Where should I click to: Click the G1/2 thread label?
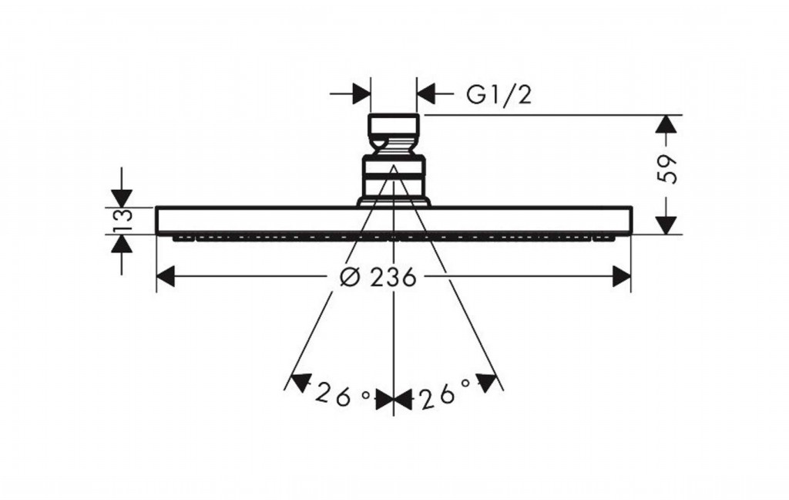pyautogui.click(x=499, y=95)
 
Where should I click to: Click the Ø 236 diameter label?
pyautogui.click(x=378, y=277)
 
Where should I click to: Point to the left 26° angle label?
pyautogui.click(x=343, y=396)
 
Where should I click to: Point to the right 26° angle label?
pyautogui.click(x=444, y=396)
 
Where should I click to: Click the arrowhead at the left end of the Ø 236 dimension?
pyautogui.click(x=165, y=276)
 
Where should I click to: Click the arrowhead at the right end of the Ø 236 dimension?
pyautogui.click(x=622, y=276)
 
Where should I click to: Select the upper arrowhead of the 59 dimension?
pyautogui.click(x=667, y=124)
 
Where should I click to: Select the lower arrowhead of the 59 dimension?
pyautogui.click(x=667, y=225)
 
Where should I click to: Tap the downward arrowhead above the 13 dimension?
pyautogui.click(x=122, y=198)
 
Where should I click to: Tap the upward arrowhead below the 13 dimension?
pyautogui.click(x=122, y=244)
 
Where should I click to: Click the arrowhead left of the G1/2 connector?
pyautogui.click(x=361, y=95)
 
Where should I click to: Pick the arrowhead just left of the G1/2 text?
pyautogui.click(x=426, y=95)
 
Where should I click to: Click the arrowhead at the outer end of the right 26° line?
pyautogui.click(x=486, y=382)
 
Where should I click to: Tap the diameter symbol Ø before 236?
pyautogui.click(x=351, y=277)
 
